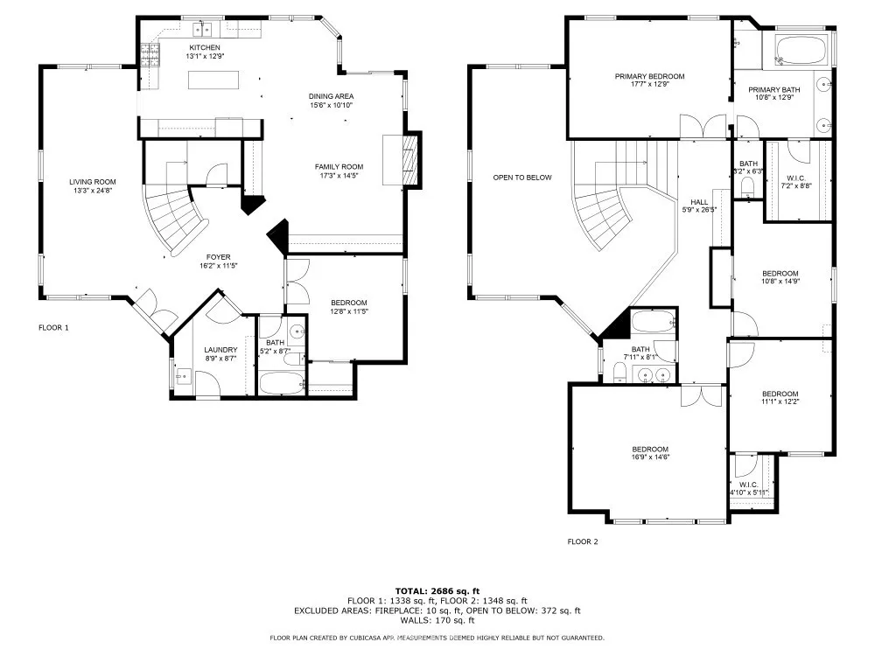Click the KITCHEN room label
[x=205, y=47]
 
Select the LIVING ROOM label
[x=93, y=182]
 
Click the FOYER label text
[x=218, y=257]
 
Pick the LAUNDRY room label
[x=220, y=350]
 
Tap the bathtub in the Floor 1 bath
[x=283, y=383]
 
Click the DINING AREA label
[x=332, y=96]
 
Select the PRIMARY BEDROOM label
[x=649, y=76]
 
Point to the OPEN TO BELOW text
[x=522, y=178]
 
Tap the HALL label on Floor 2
[x=699, y=202]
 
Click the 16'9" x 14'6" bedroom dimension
[x=650, y=457]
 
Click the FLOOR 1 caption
[x=53, y=327]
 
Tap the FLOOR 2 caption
[x=583, y=541]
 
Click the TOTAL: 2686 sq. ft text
[x=437, y=591]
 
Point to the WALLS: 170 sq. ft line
[x=437, y=620]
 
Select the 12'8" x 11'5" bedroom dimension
[x=349, y=311]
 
